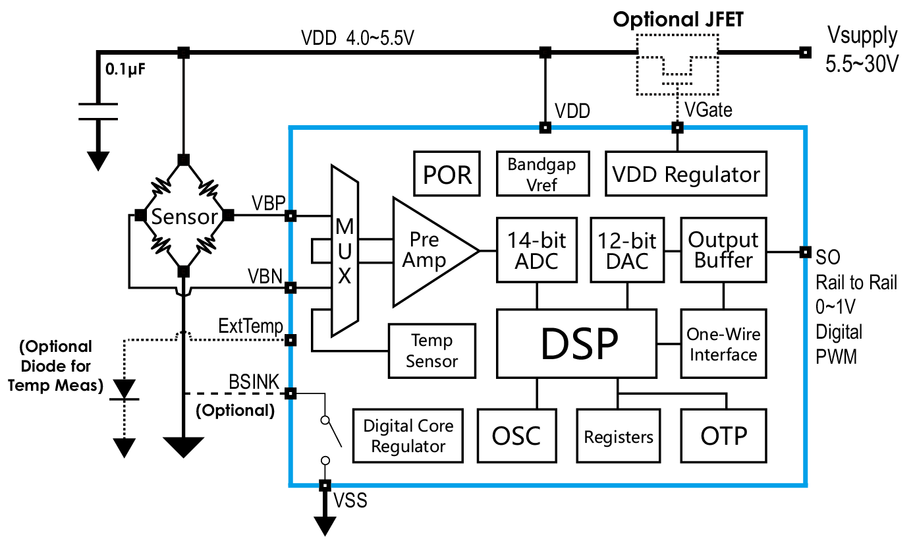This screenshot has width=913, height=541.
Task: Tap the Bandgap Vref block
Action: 541,174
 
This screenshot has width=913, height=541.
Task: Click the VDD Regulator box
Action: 686,174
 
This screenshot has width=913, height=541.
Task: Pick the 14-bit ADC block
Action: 537,250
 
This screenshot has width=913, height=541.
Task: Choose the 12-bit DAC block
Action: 628,250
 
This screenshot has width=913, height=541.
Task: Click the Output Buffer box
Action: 723,250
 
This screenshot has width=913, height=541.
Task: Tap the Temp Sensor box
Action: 431,351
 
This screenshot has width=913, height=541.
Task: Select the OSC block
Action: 516,436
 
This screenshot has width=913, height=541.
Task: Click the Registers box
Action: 618,436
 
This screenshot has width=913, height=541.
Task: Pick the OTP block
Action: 723,436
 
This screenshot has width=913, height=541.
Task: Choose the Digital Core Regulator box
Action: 408,436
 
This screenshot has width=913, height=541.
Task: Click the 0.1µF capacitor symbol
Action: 98,111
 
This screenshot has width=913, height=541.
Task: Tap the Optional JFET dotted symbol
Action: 677,67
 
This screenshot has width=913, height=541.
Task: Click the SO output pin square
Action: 804,251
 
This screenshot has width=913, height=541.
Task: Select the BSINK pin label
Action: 254,382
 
